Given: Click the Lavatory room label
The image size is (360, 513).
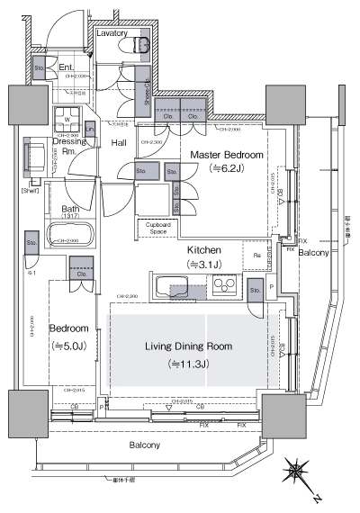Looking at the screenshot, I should pyautogui.click(x=116, y=32).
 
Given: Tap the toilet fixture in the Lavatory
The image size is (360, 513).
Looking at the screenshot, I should pyautogui.click(x=140, y=44).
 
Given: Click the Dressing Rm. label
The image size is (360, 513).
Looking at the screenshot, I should pyautogui.click(x=69, y=146).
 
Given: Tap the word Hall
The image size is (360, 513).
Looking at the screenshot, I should pyautogui.click(x=119, y=142).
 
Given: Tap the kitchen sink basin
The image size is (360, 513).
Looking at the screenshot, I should pyautogui.click(x=171, y=288).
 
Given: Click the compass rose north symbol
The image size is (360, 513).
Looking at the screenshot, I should pyautogui.click(x=297, y=472).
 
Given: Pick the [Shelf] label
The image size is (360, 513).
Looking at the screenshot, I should pyautogui.click(x=31, y=191).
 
